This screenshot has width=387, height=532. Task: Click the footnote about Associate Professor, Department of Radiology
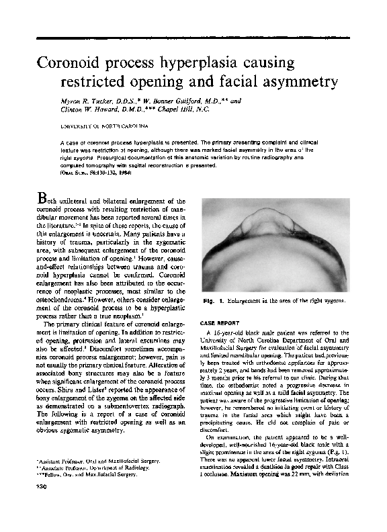pos(94,468)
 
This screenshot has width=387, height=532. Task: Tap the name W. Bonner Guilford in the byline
pos(177,99)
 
